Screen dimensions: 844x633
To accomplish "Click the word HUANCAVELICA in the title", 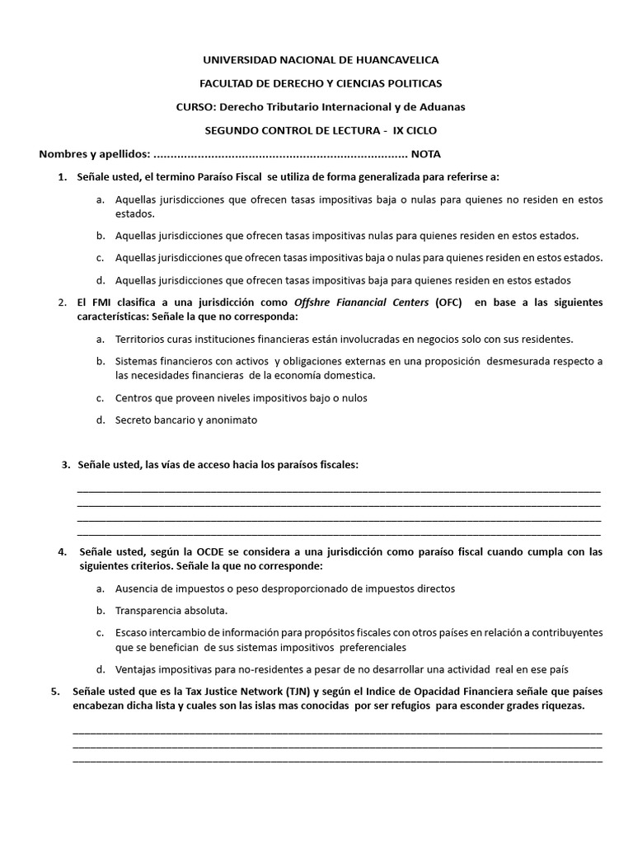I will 391,60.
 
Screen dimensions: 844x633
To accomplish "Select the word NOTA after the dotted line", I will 426,154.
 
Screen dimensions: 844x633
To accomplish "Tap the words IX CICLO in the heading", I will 416,130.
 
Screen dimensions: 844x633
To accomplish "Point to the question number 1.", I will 62,176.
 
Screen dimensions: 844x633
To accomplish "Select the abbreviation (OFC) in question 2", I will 449,302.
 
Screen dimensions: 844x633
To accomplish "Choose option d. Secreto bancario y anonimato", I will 186,420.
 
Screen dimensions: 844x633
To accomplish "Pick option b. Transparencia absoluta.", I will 171,611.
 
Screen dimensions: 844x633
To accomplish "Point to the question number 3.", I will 65,465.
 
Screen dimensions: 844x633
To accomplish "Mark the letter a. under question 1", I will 100,200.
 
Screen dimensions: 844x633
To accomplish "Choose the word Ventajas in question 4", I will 137,669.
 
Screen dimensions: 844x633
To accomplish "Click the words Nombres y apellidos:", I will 95,154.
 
